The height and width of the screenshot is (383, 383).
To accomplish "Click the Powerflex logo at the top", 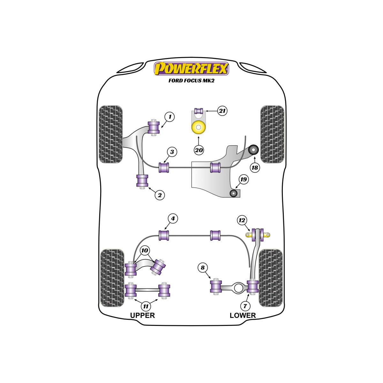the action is coord(191,69).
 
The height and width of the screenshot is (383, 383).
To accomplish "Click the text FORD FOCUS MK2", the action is coord(191,80).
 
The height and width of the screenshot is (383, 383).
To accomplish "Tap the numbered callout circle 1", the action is coord(169,117).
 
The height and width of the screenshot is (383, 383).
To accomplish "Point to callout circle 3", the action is coord(172,152).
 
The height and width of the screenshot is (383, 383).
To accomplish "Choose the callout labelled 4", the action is coord(173,218).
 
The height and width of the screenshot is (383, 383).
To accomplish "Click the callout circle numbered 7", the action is coord(245,306).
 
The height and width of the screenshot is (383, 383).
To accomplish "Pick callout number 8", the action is coord(203,267).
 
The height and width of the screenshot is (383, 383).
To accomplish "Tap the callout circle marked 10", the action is coord(145,251).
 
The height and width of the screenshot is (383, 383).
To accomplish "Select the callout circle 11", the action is coord(146,306).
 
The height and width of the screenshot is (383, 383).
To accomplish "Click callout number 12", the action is coord(242,220).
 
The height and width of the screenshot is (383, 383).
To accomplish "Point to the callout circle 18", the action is coord(255,168).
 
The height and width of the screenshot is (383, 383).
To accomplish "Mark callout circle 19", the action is coord(244,179).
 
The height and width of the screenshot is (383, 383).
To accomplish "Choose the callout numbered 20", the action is coord(199,150).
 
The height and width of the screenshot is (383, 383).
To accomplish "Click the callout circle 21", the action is coord(222,111).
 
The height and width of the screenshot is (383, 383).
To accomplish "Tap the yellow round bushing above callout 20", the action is coord(199,127).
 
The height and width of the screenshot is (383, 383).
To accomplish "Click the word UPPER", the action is coord(142,315).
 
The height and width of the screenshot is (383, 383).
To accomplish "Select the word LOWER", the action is coord(243,315).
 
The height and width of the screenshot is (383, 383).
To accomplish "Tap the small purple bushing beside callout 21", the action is coord(199,111).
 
